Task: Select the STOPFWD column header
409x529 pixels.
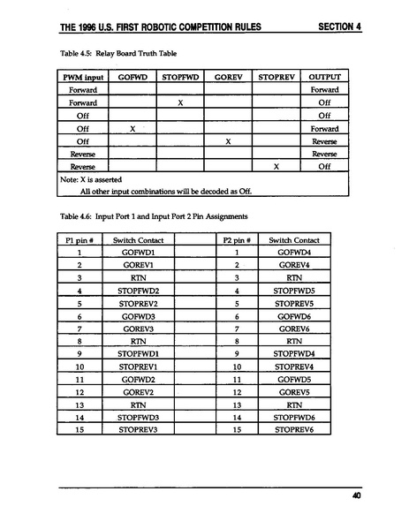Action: click(x=180, y=78)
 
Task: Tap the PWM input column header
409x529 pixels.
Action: click(x=82, y=78)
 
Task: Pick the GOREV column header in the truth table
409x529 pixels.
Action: click(x=228, y=78)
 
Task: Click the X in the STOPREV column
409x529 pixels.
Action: click(x=276, y=165)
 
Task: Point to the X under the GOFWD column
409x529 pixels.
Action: click(x=132, y=128)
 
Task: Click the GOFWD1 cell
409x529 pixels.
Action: click(x=138, y=253)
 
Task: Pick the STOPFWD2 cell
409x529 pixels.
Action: click(x=138, y=291)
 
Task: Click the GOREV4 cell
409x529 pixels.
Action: click(x=294, y=265)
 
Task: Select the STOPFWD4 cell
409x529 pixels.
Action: click(x=294, y=353)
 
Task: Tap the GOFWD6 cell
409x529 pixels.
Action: click(x=294, y=315)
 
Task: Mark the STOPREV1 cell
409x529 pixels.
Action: click(x=138, y=366)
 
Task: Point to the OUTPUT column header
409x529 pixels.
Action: click(x=324, y=78)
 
